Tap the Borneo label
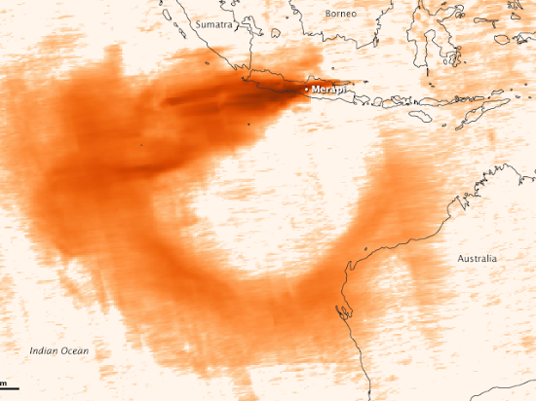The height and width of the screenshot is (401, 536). pos(344,15)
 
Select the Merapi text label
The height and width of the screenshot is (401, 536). pos(330,91)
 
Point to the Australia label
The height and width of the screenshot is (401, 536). pos(477,258)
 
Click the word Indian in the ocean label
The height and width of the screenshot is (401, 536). pos(44,350)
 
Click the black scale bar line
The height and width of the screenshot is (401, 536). pos(9,387)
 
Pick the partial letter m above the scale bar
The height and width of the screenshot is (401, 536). pos(3,379)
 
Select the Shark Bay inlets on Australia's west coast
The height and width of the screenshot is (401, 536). pos(343,313)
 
